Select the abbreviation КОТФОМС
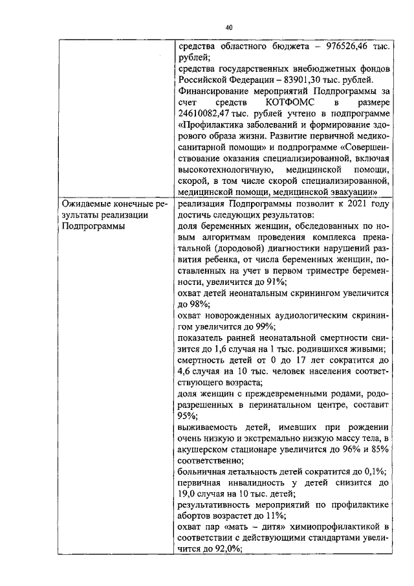(x=290, y=102)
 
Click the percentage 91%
(x=276, y=282)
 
